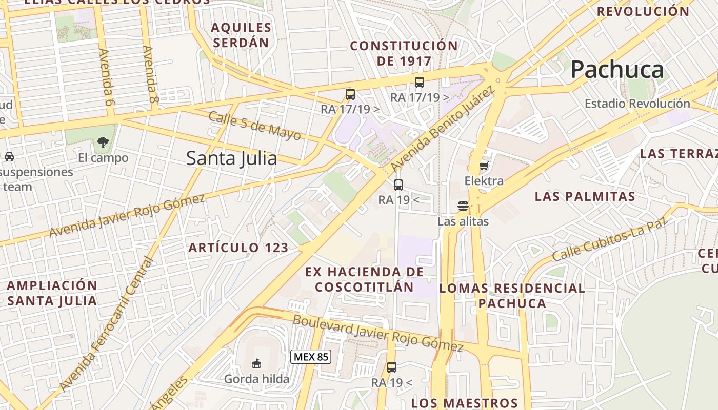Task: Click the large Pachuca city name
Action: coord(617,69)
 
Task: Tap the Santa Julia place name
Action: coord(231,158)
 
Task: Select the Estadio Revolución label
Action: coord(637,104)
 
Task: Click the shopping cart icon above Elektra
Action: coord(484,166)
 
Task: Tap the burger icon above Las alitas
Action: coord(463,206)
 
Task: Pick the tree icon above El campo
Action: coord(103,142)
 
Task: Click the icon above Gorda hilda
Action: coord(256,364)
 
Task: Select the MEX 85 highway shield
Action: coord(311,357)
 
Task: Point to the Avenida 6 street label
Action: coord(106,77)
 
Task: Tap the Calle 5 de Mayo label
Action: coord(254,126)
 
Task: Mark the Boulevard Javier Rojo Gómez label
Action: coord(378,333)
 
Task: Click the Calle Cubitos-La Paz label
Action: coord(611,239)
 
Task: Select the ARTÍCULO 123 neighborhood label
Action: coord(238,248)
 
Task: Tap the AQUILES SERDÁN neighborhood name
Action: coord(241,35)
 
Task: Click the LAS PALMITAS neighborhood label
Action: coord(585,196)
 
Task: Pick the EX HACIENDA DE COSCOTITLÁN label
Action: coord(365,279)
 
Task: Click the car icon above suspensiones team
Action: coord(9,157)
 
